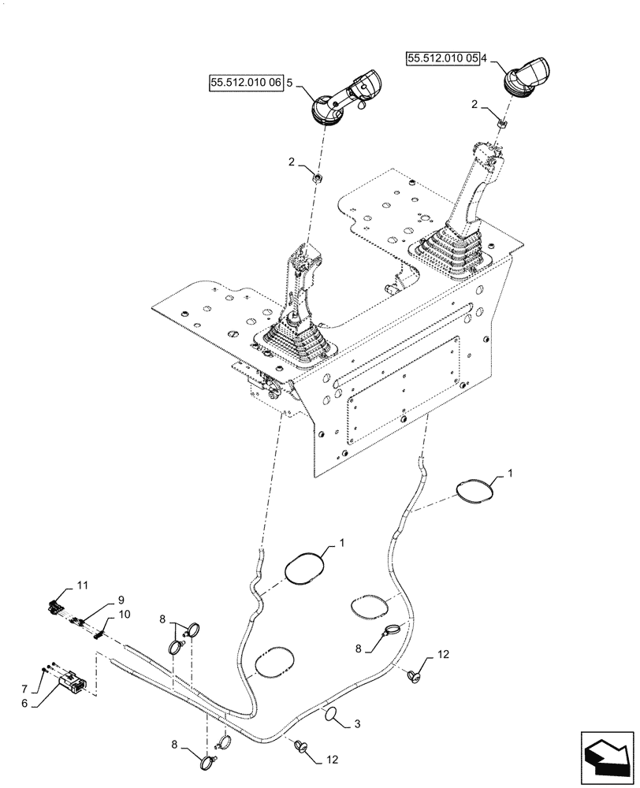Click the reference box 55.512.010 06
245,81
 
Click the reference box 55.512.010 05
443,58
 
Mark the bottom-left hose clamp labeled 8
209,762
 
